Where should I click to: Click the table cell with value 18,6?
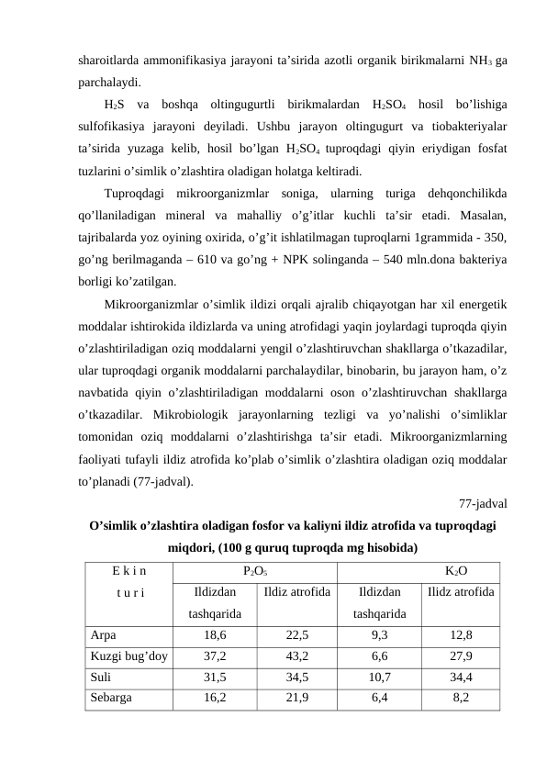coord(216,634)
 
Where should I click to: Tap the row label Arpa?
coord(103,634)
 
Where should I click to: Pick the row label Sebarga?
coord(111,697)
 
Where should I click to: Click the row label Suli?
coord(101,677)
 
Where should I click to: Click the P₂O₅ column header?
coord(256,570)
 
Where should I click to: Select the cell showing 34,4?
coord(462,677)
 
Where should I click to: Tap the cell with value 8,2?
coord(462,697)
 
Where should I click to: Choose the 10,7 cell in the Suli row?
coord(379,677)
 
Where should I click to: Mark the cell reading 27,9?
coord(462,656)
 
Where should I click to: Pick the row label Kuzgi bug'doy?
coord(128,656)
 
